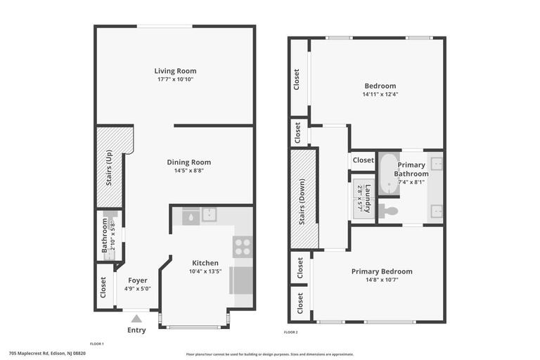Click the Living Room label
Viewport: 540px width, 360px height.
(175, 70)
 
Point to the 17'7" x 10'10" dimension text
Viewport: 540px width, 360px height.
(175, 79)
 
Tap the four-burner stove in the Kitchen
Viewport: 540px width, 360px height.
(243, 247)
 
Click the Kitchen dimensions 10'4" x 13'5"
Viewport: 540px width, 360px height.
(205, 271)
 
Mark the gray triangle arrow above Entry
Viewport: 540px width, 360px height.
(136, 319)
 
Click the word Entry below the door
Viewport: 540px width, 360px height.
(136, 330)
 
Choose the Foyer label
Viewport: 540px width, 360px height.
(137, 280)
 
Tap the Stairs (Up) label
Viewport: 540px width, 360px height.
(109, 167)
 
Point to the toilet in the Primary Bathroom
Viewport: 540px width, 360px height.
(388, 210)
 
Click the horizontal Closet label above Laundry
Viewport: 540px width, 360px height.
(363, 160)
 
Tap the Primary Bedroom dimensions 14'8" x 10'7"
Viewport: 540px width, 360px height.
(382, 280)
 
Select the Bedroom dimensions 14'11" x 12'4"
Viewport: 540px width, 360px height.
(380, 94)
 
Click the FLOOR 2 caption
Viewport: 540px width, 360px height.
(290, 332)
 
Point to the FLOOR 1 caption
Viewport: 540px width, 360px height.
(96, 344)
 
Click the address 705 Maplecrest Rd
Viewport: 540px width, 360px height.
(47, 354)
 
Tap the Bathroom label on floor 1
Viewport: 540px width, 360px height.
(105, 235)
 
